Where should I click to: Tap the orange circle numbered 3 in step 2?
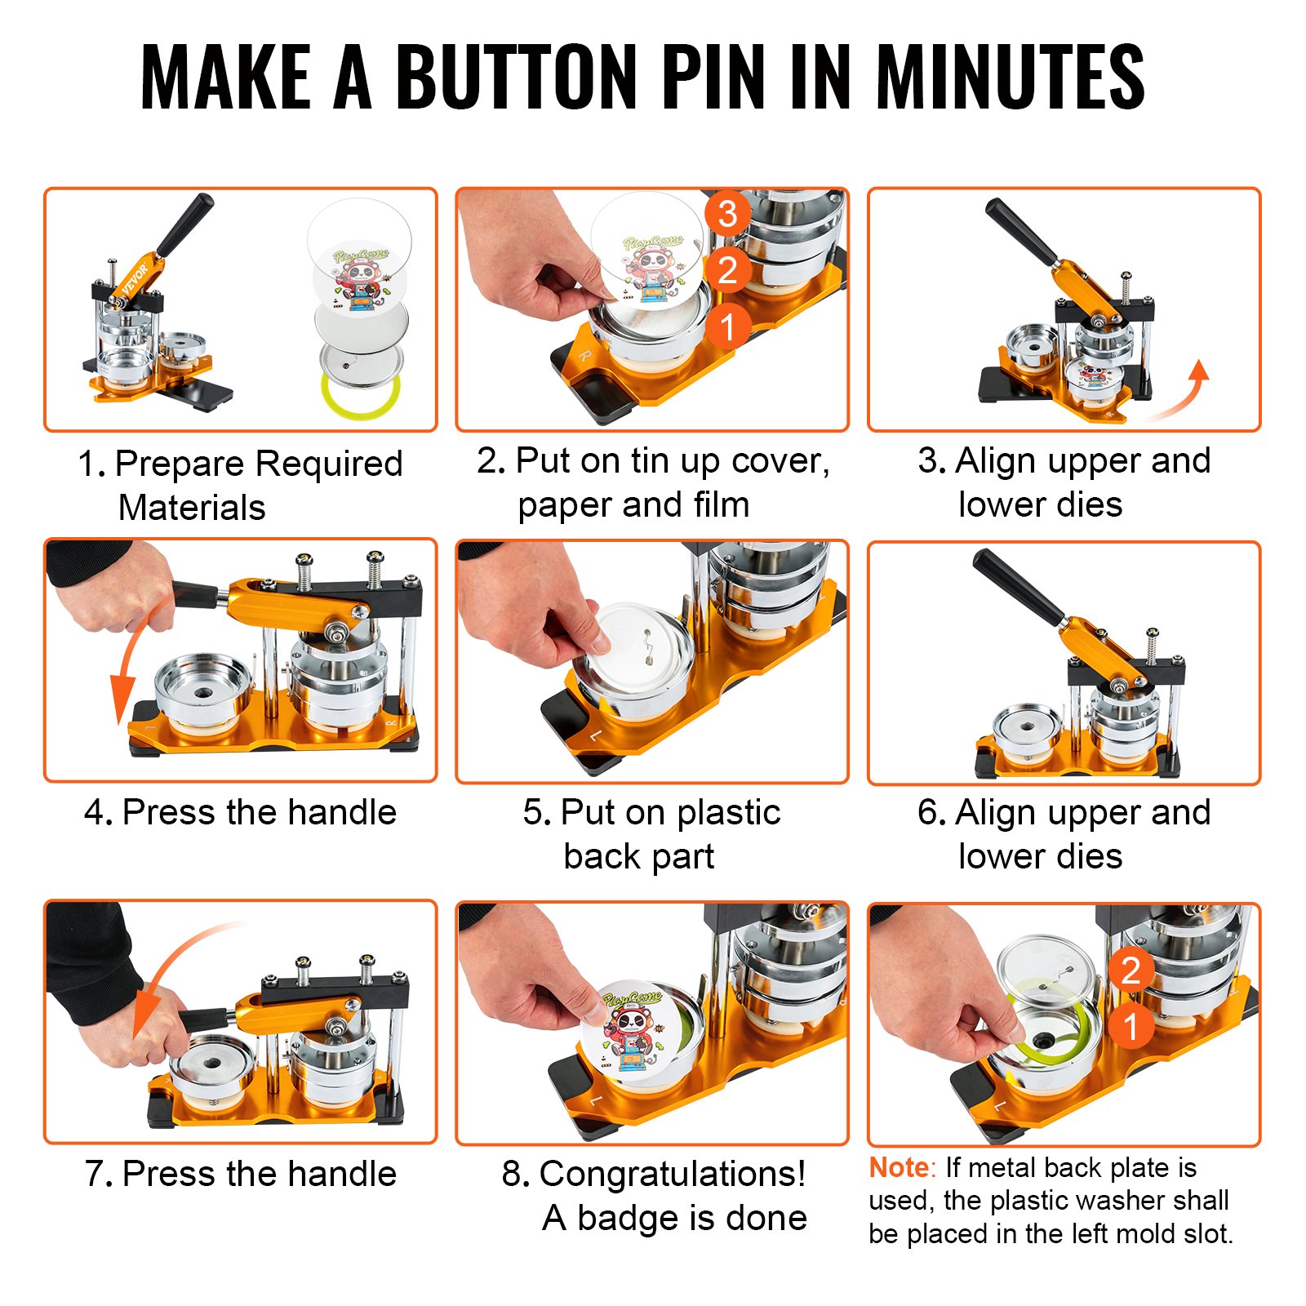(726, 214)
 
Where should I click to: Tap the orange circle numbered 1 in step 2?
(726, 326)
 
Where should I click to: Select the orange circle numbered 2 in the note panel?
(1131, 971)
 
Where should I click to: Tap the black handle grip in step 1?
(185, 224)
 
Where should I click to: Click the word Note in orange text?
(899, 1168)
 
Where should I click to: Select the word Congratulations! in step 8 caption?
(672, 1174)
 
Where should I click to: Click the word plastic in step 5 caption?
(728, 813)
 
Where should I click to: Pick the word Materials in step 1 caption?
(192, 508)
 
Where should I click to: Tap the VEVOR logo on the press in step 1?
(135, 280)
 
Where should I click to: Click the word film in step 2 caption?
(721, 505)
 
